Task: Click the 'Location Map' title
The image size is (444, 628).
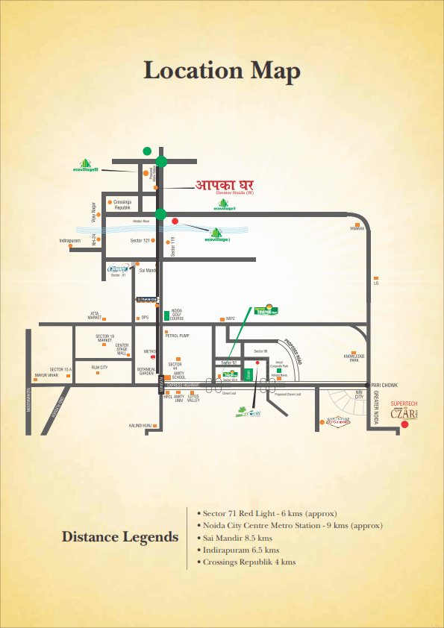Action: coord(222,71)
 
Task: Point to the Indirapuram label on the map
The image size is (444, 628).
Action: coord(74,241)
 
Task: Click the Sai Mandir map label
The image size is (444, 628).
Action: coord(148,270)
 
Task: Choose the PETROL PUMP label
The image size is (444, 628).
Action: coord(178,336)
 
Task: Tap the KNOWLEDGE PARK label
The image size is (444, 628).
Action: coord(354,358)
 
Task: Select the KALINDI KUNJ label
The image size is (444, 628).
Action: coord(140,426)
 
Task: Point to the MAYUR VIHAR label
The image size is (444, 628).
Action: coord(46,375)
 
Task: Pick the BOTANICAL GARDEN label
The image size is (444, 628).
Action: coord(146,371)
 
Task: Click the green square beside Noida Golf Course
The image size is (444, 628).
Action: coord(166,315)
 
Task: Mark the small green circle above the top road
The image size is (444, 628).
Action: coord(148,151)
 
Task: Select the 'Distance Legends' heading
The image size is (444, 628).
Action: coord(119,537)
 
